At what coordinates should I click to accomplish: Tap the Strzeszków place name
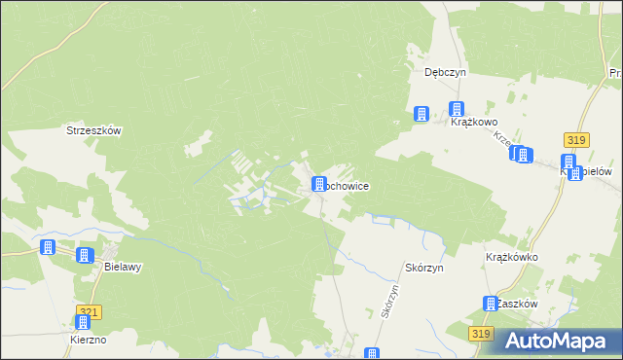pos(92,130)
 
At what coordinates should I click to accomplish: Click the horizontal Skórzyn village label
pos(423,267)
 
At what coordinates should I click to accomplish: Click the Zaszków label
pos(517,304)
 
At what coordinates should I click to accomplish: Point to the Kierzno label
pos(88,340)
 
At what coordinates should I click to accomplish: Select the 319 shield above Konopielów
pos(575,140)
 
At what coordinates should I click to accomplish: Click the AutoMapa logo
pos(557,340)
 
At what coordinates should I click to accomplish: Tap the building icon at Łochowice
pos(318,184)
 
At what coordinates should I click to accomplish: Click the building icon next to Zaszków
pos(491,304)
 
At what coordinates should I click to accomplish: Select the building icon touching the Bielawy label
pos(85,255)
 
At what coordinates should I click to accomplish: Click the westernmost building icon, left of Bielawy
pos(47,247)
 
